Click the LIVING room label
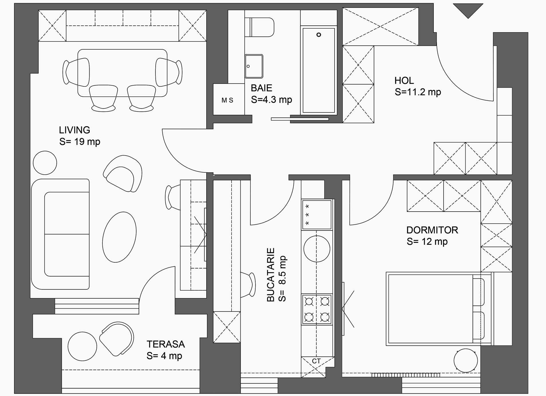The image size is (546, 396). [x=74, y=130]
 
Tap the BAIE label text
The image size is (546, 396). [x=261, y=88]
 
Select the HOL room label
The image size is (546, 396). [x=404, y=80]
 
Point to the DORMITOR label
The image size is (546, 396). [x=432, y=230]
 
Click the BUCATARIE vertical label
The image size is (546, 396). [x=270, y=275]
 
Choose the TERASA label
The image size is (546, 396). [x=166, y=344]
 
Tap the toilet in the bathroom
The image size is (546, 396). [x=259, y=27]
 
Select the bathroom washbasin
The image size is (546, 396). [x=254, y=66]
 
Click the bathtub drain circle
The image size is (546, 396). [x=318, y=35]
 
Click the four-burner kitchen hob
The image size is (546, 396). [x=317, y=309]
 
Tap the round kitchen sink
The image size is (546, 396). [x=317, y=249]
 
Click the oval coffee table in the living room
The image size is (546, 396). [x=119, y=237]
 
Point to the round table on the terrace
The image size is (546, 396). [x=82, y=346]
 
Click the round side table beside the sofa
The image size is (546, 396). [x=45, y=163]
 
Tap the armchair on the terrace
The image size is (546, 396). [x=117, y=339]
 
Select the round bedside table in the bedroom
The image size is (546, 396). [x=466, y=360]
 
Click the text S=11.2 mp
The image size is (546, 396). [x=418, y=92]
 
